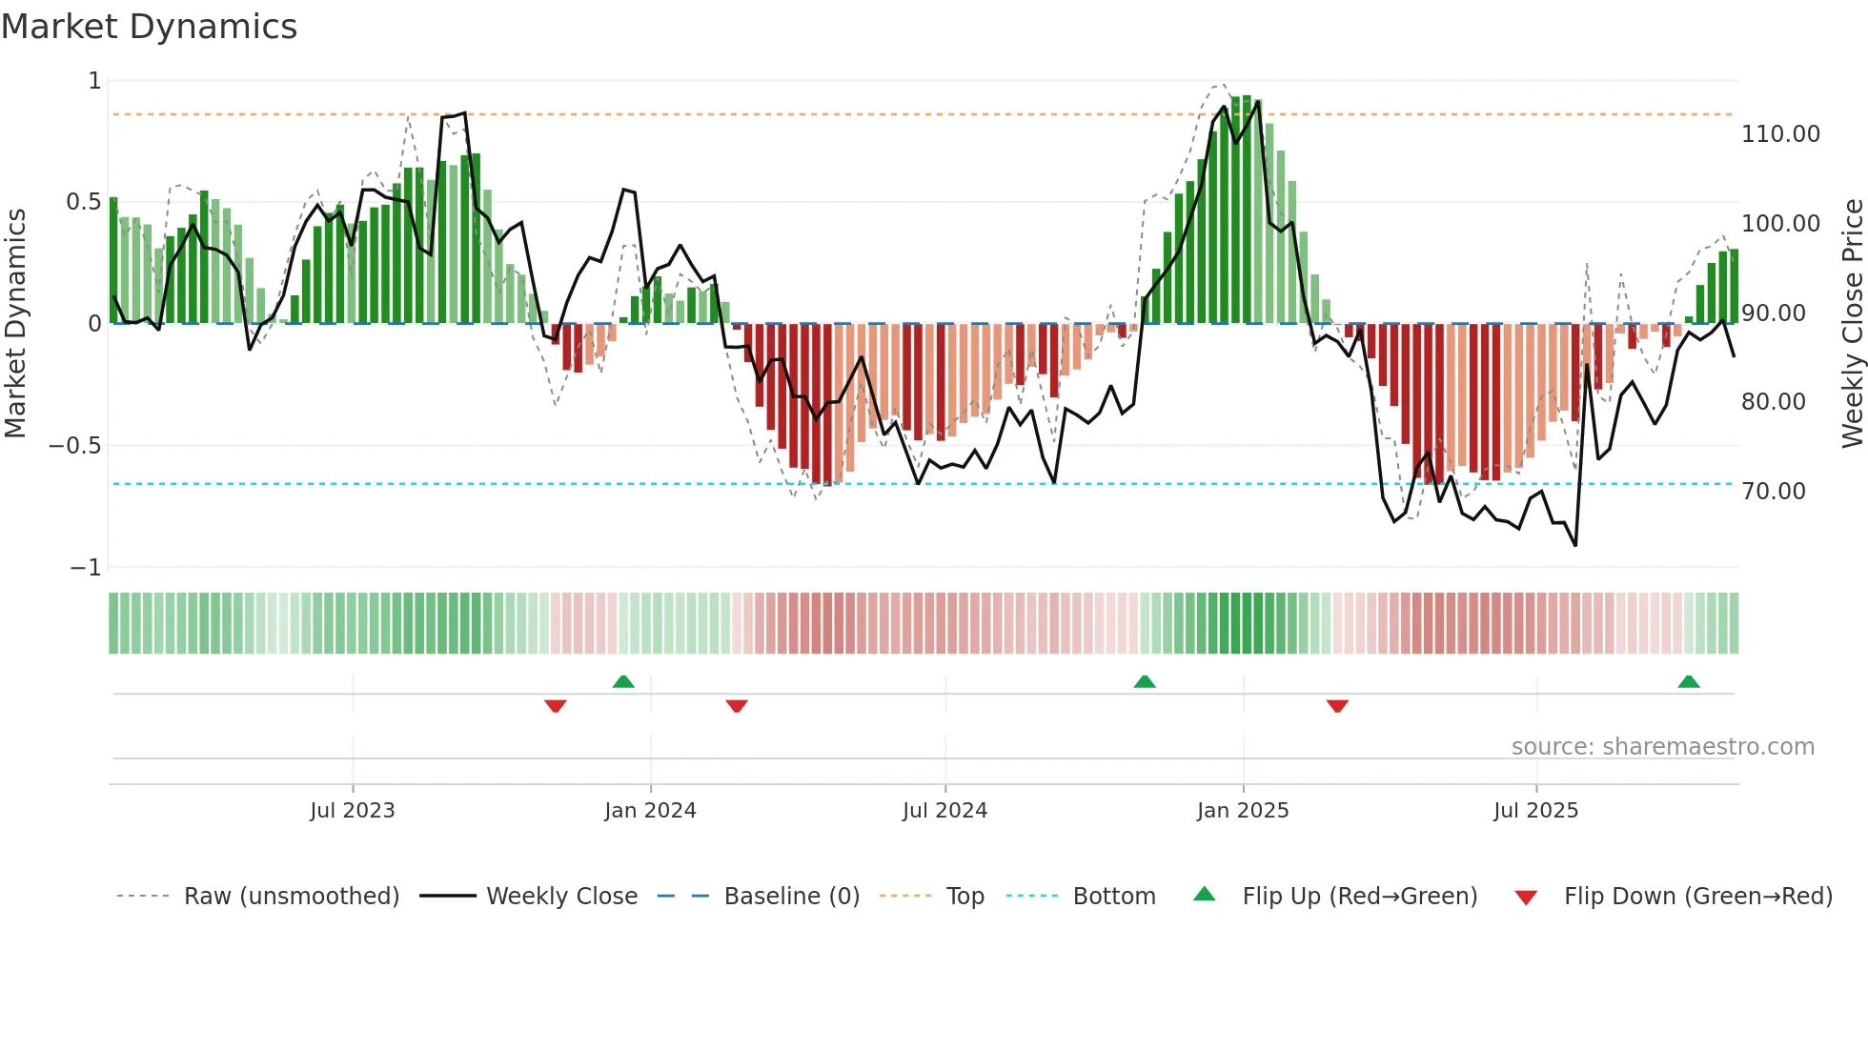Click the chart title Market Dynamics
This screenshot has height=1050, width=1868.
[149, 27]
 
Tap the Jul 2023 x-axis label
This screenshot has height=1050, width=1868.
[352, 811]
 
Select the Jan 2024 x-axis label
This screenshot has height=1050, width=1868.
[650, 811]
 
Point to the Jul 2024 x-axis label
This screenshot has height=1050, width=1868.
[944, 811]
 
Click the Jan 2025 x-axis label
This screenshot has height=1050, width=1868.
[1243, 811]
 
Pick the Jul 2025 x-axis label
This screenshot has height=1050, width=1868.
[1535, 811]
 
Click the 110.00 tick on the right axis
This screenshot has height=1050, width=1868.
[1780, 134]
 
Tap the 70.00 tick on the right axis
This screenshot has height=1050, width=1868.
[1773, 492]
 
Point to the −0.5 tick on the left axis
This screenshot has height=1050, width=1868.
[75, 446]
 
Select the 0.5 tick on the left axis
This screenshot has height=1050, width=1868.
[83, 202]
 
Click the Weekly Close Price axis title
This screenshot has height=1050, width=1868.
[1852, 323]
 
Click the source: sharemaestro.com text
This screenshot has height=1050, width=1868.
[1662, 747]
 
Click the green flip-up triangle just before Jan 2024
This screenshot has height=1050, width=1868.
[623, 681]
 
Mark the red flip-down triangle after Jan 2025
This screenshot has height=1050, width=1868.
[1337, 706]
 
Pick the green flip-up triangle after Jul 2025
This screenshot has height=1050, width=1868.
[1688, 681]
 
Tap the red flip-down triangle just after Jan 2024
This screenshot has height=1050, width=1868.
[737, 706]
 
